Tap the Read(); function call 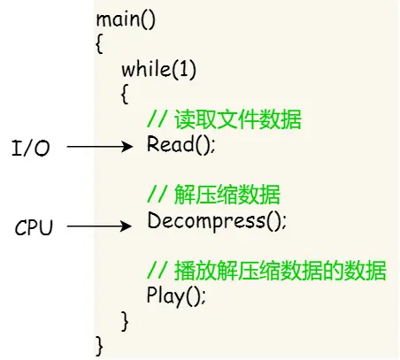(181, 145)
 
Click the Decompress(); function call (217, 220)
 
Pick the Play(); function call (177, 295)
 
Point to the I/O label (31, 148)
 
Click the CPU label (35, 228)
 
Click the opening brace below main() (99, 42)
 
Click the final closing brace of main (99, 341)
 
